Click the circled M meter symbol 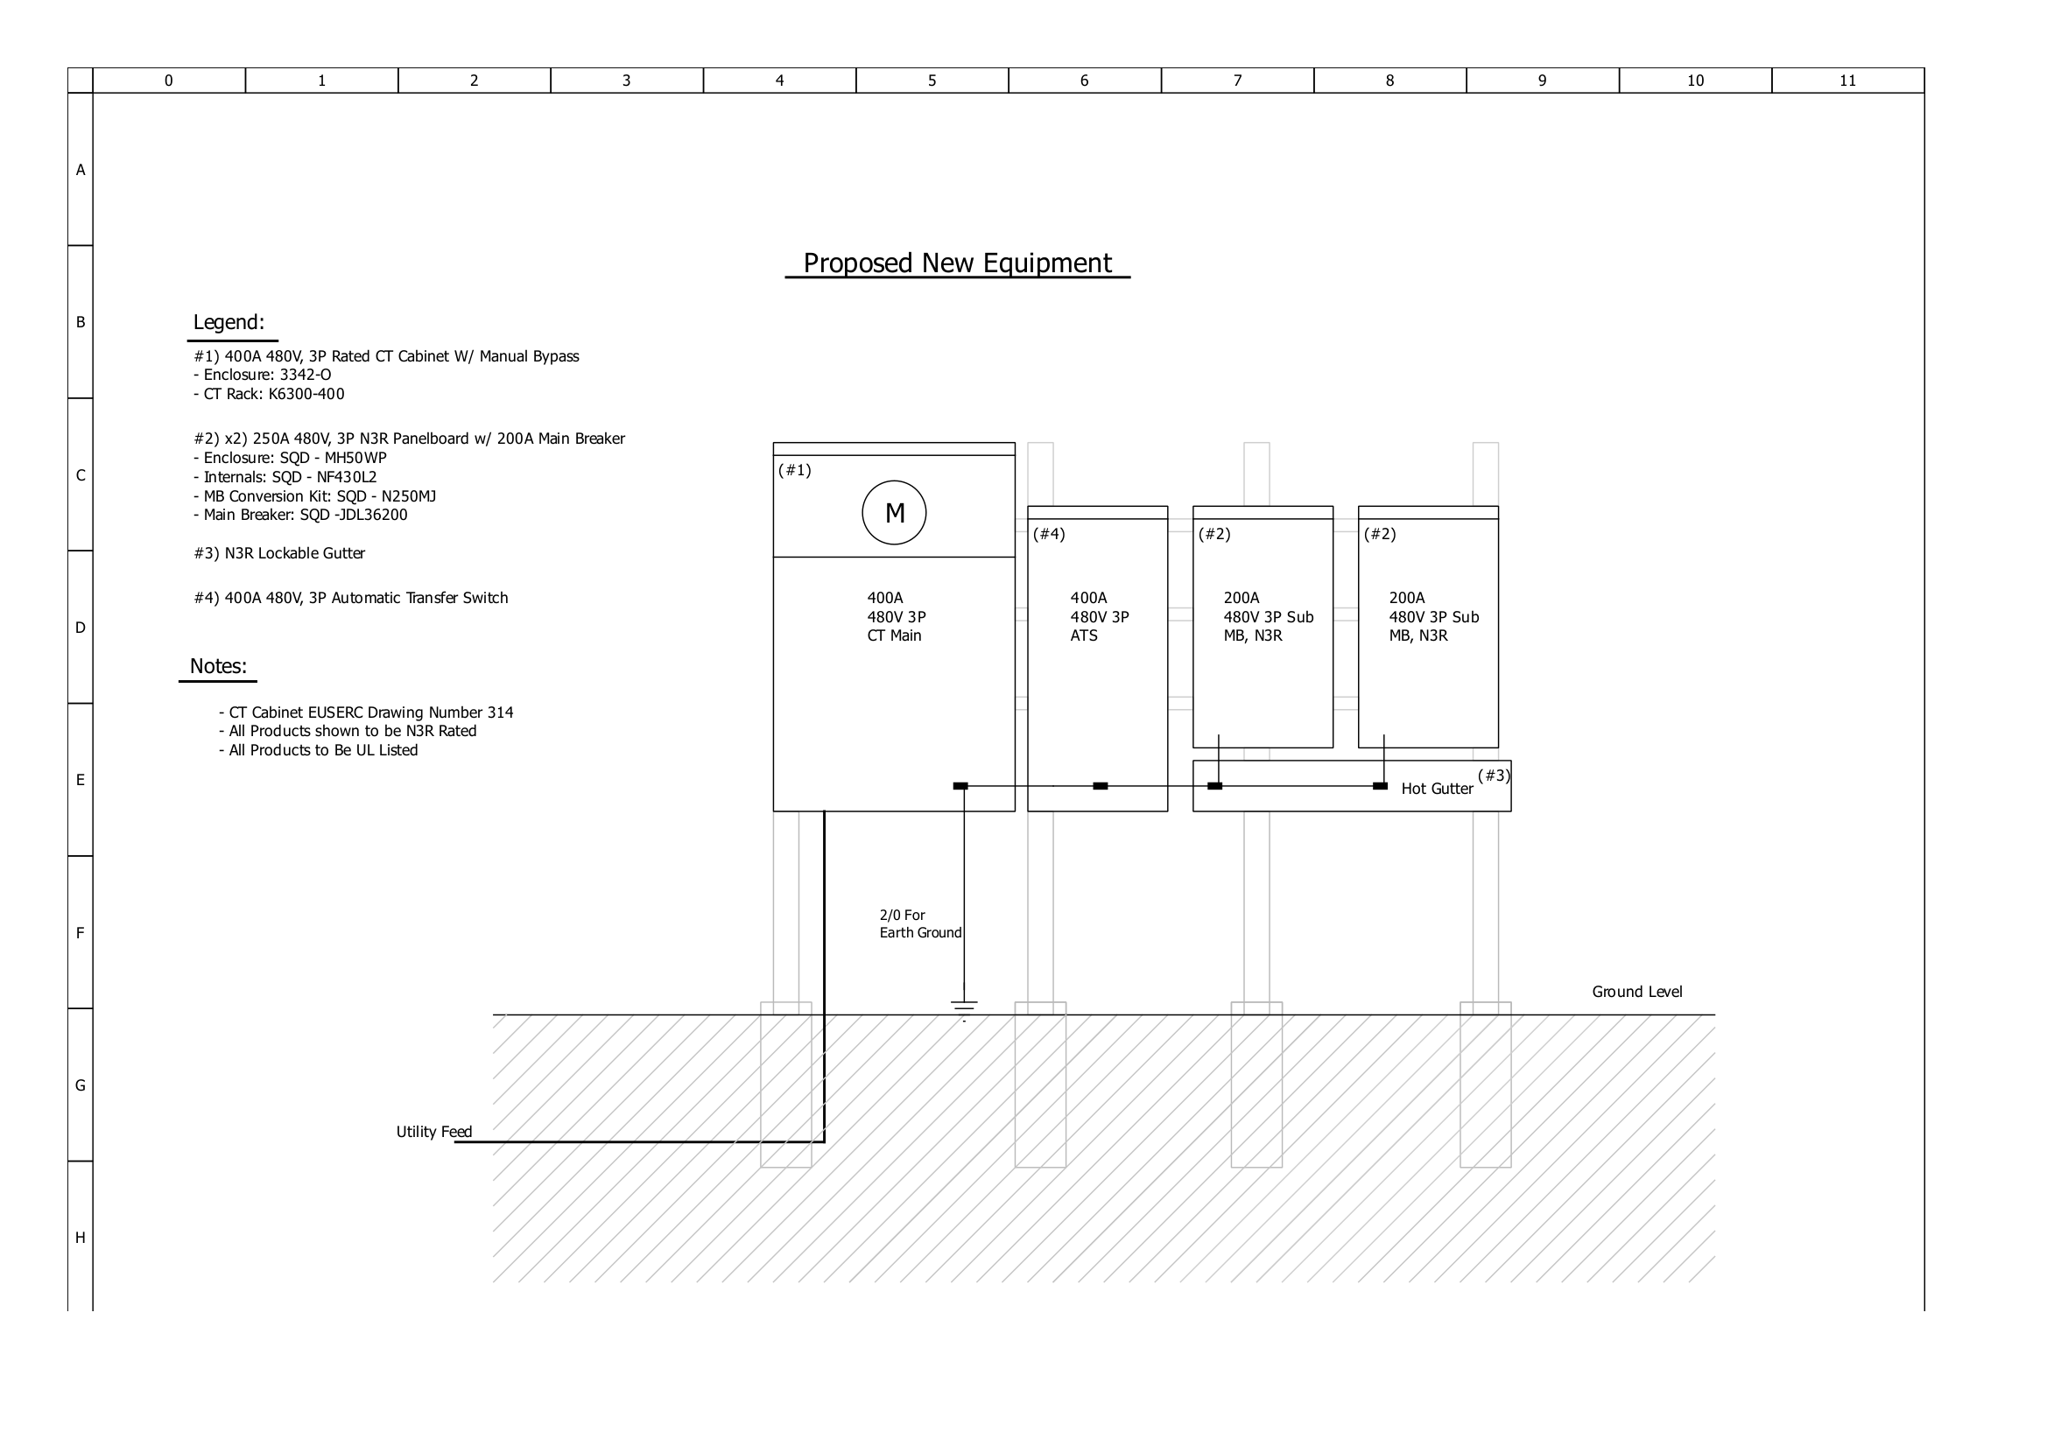click(x=894, y=513)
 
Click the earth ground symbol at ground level click(x=964, y=1007)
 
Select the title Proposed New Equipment click(x=957, y=263)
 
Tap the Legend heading click(x=229, y=323)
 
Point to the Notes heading click(x=217, y=667)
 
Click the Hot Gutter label click(x=1436, y=789)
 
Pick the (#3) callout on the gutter click(x=1494, y=776)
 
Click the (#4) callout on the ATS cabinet click(x=1049, y=534)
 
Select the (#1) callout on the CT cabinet click(x=794, y=470)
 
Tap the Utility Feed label click(x=434, y=1132)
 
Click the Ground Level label click(x=1637, y=993)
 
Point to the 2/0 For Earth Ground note click(x=920, y=923)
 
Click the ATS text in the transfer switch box click(x=1084, y=635)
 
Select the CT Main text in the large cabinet click(x=894, y=635)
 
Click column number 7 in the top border click(x=1237, y=81)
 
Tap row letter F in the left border click(x=81, y=933)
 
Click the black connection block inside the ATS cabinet click(x=1101, y=786)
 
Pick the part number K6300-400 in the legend click(x=306, y=394)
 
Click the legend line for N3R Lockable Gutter click(x=279, y=553)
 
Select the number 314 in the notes click(x=500, y=712)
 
